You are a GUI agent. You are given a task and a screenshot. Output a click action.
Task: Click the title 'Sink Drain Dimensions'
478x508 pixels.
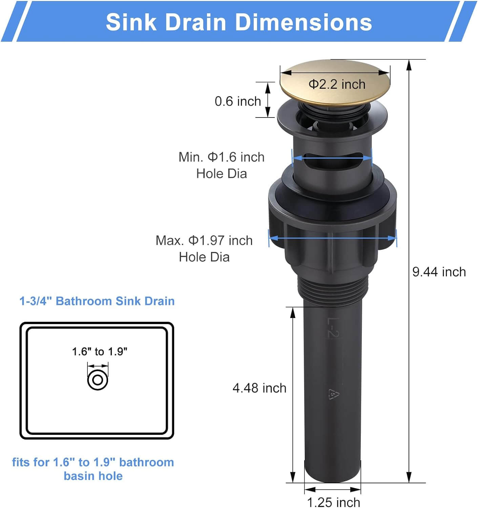pos(239,22)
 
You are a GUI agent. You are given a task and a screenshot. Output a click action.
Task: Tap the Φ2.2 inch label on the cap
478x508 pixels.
pos(337,84)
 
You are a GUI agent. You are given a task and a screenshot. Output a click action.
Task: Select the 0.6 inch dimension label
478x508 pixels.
pos(238,101)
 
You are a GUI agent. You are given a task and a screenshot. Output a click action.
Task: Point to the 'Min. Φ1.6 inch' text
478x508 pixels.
pos(222,157)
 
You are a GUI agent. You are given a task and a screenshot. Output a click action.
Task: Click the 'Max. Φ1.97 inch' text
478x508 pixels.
pos(204,240)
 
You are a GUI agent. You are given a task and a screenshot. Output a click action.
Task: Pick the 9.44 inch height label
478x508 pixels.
pos(439,272)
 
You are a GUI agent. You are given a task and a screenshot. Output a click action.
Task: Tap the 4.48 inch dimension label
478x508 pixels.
pos(259,388)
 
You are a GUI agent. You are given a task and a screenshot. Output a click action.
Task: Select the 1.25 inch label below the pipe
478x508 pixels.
pos(333,502)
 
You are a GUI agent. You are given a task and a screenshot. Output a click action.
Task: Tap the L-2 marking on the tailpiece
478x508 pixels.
pos(333,327)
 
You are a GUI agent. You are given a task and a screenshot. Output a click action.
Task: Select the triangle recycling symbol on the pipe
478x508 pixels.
pos(333,394)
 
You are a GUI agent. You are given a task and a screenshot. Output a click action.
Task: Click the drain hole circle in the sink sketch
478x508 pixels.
pos(98,380)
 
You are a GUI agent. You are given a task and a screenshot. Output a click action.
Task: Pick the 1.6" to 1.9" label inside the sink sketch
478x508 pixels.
pos(100,352)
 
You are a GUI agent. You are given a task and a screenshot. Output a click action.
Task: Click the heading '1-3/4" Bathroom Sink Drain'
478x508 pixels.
pos(97,301)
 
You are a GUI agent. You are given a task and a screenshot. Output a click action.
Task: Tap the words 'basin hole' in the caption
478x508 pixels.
pos(93,476)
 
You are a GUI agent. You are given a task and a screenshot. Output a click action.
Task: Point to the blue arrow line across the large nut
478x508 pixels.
pos(332,238)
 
